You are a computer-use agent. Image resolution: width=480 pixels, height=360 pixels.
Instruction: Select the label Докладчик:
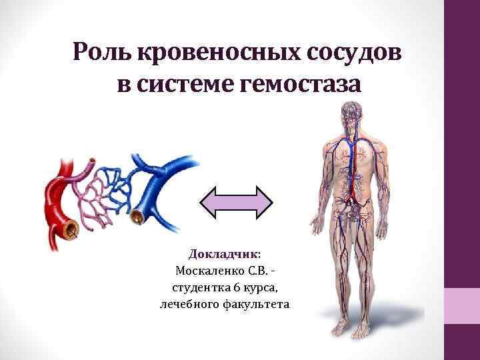(225, 254)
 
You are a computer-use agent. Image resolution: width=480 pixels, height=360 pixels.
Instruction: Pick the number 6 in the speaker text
(237, 287)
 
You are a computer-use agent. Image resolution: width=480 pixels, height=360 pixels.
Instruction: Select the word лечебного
(191, 304)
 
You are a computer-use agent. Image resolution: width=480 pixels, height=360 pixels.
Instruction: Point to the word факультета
(257, 304)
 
